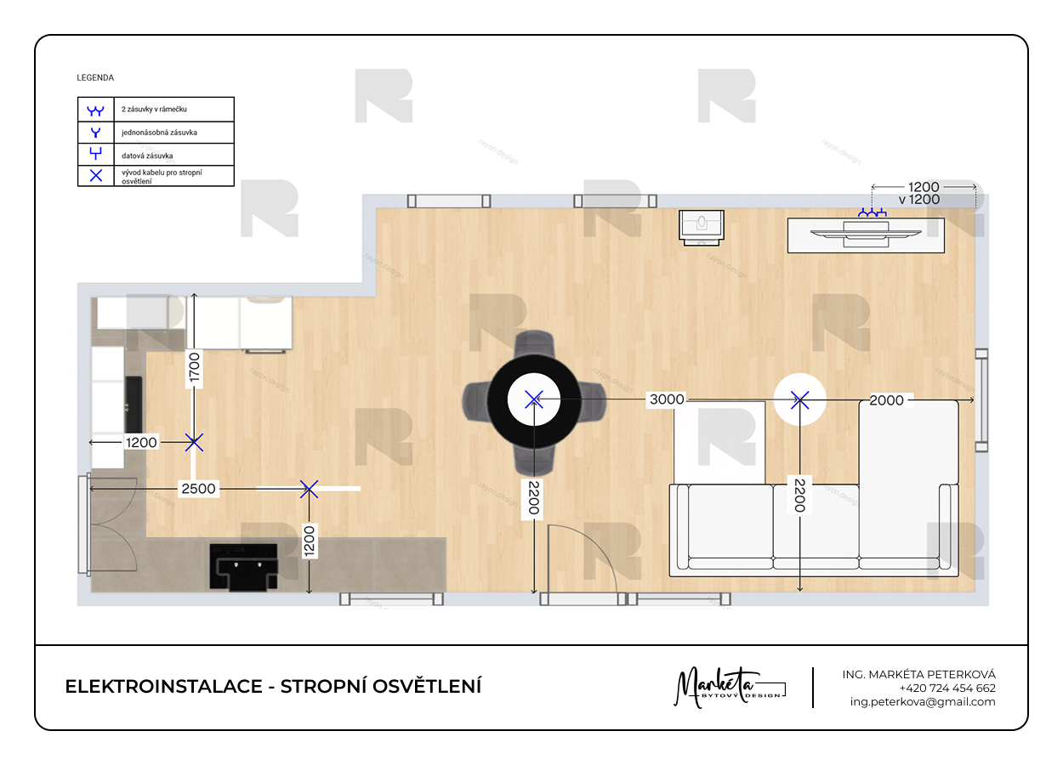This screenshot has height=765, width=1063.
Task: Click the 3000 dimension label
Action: click(667, 399)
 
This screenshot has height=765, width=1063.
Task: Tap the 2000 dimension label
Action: click(886, 400)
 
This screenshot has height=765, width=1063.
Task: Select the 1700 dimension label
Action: click(194, 367)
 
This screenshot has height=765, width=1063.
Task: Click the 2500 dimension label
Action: click(198, 489)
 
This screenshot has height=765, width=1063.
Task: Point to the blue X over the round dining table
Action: click(534, 399)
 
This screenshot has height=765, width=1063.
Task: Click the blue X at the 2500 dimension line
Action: click(309, 489)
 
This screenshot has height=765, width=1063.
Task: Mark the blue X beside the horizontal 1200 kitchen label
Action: click(194, 443)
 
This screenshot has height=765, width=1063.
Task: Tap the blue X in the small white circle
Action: click(800, 400)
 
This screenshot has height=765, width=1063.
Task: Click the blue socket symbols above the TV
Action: click(873, 212)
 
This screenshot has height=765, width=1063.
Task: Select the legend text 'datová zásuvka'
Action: click(147, 156)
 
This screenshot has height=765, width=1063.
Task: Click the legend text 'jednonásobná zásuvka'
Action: click(159, 133)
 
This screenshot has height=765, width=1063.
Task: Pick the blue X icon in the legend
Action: click(96, 175)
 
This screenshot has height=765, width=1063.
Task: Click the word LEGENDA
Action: click(95, 78)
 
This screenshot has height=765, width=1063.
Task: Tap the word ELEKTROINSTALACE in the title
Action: click(164, 687)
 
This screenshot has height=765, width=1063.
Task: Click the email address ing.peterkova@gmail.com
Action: click(923, 702)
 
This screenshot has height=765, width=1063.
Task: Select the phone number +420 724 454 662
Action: click(947, 688)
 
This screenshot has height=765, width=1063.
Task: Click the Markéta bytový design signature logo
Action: click(730, 687)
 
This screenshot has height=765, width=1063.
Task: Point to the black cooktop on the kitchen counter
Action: click(244, 567)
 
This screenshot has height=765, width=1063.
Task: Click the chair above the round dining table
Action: click(534, 344)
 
